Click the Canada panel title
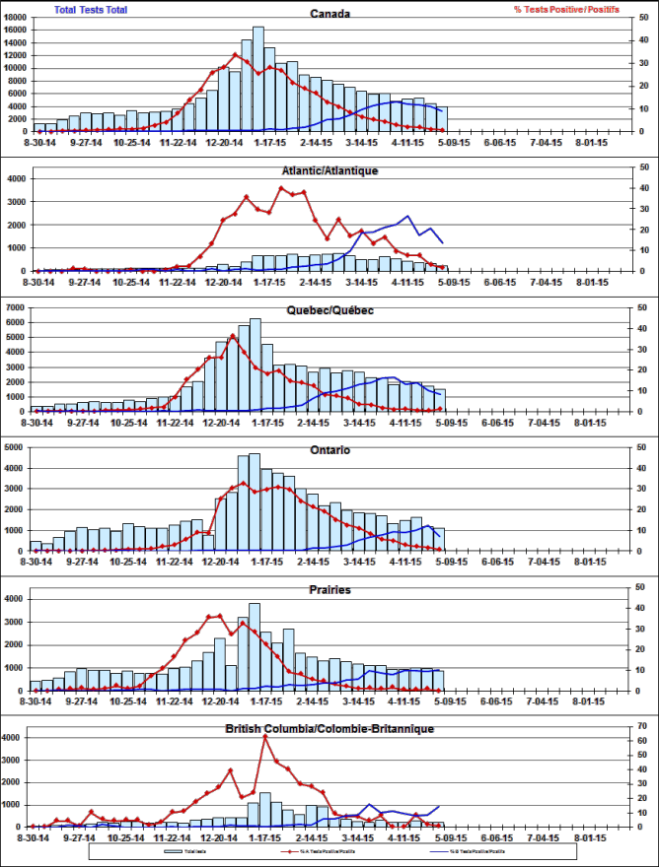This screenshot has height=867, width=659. [330, 14]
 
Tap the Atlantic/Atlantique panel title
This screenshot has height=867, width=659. [330, 170]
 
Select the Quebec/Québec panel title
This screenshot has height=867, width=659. [330, 310]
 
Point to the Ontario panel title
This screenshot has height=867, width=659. [330, 450]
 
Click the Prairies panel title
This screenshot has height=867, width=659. [330, 590]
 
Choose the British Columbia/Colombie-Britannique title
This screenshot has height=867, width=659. [330, 729]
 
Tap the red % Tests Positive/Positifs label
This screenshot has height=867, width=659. [566, 9]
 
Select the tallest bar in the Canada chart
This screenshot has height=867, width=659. [258, 79]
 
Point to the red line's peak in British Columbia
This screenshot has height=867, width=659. [265, 736]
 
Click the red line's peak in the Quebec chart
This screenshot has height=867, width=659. [234, 336]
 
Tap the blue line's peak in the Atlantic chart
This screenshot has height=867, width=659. [407, 216]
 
